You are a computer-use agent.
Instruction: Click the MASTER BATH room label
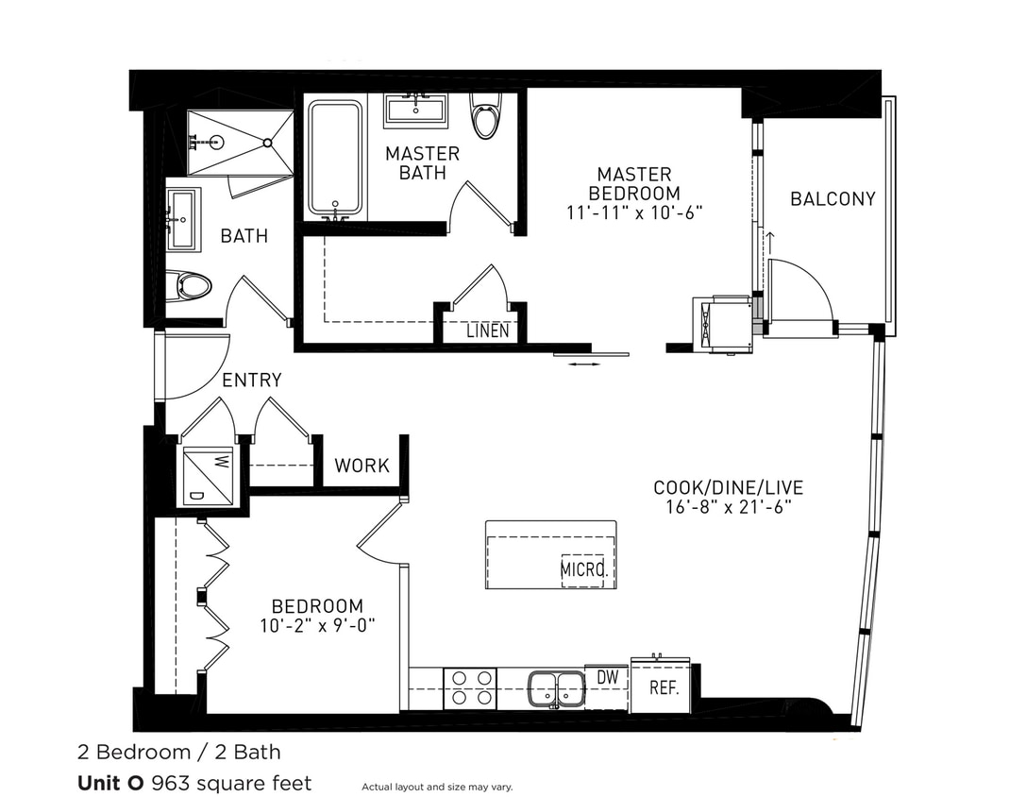(422, 163)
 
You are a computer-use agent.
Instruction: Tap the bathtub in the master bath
(335, 158)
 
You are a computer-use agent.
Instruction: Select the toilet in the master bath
(486, 118)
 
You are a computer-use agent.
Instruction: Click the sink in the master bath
(415, 110)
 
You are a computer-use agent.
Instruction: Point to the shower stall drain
(267, 143)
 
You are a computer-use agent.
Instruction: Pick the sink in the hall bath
(181, 219)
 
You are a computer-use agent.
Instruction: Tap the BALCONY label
(833, 199)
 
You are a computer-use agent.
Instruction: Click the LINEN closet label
(488, 331)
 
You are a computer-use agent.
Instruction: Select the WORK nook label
(362, 466)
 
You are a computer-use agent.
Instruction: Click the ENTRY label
(252, 381)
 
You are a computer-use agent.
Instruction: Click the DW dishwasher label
(607, 678)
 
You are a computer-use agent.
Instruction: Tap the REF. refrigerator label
(664, 688)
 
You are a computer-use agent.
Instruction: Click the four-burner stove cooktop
(470, 687)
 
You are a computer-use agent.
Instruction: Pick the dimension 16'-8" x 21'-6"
(728, 507)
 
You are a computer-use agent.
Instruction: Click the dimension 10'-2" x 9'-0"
(317, 625)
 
